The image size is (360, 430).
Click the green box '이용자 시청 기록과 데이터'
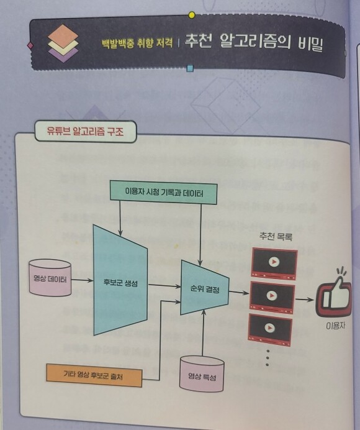163,192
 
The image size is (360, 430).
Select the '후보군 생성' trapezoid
120,280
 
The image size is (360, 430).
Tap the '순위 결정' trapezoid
204,288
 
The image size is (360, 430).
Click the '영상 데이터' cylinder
50,278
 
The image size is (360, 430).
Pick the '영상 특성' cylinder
202,374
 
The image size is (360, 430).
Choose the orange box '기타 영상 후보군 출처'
94,375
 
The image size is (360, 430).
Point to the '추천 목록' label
276,236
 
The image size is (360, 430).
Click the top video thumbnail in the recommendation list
274,264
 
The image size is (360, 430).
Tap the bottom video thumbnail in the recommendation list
270,330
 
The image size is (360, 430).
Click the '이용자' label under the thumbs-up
335,326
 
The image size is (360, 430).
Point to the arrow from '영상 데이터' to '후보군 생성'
82,280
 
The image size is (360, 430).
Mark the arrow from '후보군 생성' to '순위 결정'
164,286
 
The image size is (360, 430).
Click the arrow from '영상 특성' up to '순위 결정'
203,333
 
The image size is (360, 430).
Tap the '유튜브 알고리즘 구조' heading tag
85,131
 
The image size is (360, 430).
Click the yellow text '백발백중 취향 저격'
138,43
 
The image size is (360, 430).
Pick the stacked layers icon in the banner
63,43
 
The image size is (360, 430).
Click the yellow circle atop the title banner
192,15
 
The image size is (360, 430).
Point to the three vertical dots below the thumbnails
268,357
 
